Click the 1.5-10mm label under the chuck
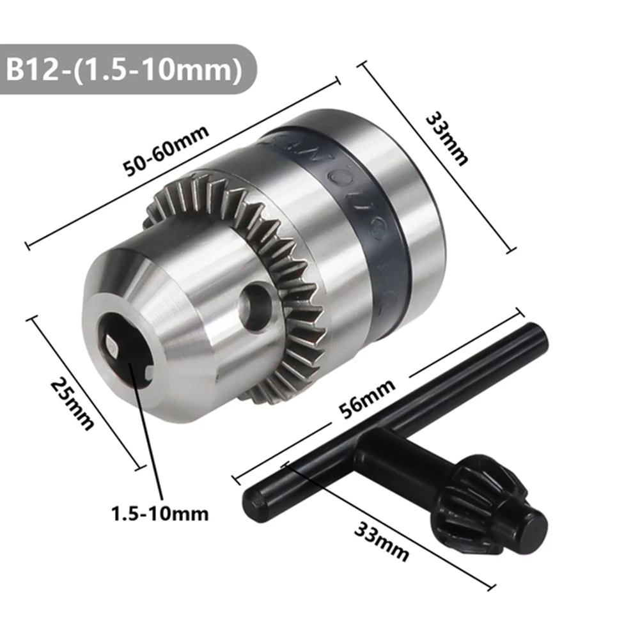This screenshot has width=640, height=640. [160, 513]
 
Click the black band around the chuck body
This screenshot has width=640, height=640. [371, 211]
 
